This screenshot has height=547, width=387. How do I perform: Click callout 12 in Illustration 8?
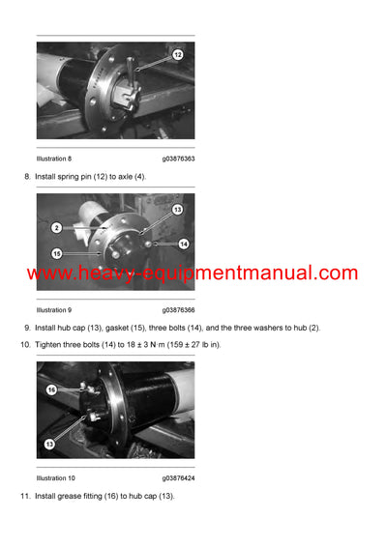click(177, 55)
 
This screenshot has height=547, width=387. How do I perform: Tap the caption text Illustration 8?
click(54, 158)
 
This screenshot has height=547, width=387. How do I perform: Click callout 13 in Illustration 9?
click(177, 209)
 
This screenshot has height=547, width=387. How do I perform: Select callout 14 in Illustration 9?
click(183, 244)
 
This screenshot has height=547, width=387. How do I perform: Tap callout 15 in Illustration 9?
click(58, 253)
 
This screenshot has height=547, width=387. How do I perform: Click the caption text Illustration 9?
click(54, 310)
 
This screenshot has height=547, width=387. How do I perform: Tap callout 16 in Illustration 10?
click(51, 389)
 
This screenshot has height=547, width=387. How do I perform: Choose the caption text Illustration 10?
click(56, 477)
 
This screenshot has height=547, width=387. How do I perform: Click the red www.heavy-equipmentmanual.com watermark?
click(193, 273)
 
